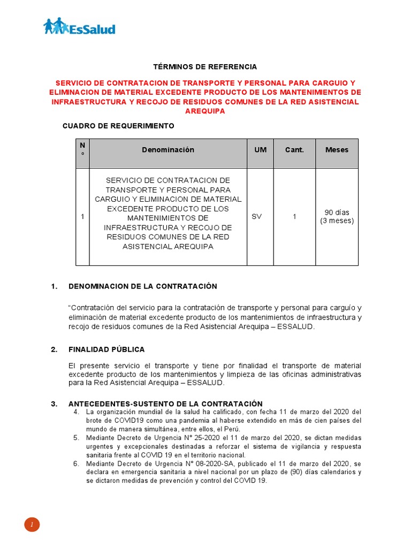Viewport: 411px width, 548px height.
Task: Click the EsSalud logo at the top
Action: tap(79, 26)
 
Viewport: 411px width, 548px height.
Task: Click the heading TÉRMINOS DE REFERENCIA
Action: tap(205, 67)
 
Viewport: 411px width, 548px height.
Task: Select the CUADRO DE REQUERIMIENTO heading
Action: tap(118, 126)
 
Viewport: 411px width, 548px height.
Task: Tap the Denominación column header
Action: tap(168, 150)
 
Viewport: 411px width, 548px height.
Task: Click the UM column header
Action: tap(260, 150)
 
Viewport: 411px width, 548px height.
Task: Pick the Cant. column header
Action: tap(294, 150)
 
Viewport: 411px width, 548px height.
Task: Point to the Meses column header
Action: tap(337, 150)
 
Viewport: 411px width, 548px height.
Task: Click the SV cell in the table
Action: tap(256, 217)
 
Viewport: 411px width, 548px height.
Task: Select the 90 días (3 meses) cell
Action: tap(337, 217)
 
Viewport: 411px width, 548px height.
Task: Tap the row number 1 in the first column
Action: tap(82, 217)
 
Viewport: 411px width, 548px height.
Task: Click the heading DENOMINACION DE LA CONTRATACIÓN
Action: tap(142, 286)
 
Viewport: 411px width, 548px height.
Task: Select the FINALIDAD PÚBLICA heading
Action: tap(106, 349)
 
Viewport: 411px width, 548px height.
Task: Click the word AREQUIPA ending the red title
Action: tap(205, 111)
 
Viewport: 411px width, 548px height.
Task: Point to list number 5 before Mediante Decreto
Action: tap(76, 438)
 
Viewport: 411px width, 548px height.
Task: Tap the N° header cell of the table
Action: tap(82, 149)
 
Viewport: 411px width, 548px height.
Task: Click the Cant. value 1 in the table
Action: tap(294, 217)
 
